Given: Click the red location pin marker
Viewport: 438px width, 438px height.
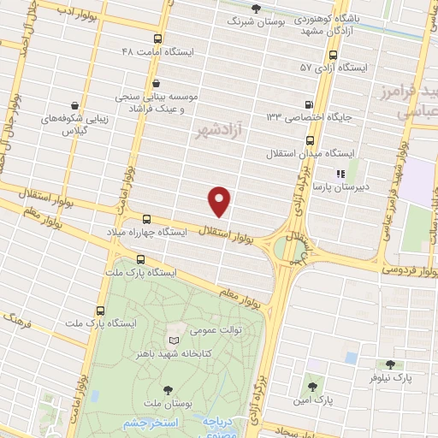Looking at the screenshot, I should (x=220, y=201).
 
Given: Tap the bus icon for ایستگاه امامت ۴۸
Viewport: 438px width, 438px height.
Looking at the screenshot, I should (x=157, y=38).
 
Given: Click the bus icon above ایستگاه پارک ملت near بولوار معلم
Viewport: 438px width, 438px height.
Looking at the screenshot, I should (x=140, y=259).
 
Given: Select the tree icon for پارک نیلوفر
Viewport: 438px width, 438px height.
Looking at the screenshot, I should (x=391, y=364).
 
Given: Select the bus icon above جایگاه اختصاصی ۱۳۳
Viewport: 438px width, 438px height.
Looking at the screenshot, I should (x=309, y=103).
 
